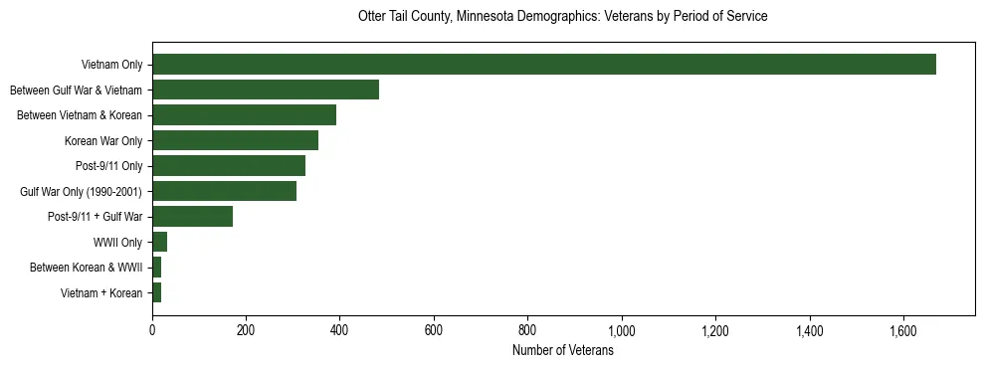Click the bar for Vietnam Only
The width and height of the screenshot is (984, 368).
[543, 65]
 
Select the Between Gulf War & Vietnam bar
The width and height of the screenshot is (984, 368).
[266, 90]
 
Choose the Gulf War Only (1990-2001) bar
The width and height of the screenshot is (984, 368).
[224, 191]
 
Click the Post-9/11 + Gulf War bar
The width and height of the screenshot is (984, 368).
[192, 216]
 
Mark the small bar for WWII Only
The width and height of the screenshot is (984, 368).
[159, 242]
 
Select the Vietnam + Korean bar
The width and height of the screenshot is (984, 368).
[156, 292]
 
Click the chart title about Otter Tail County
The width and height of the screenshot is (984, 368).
[562, 17]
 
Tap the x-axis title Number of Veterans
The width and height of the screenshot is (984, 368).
[562, 351]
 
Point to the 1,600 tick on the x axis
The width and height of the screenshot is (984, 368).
[902, 330]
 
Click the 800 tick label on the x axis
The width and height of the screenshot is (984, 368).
[527, 330]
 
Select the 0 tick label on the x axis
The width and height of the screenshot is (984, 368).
[152, 330]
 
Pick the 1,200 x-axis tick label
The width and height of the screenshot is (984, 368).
[715, 330]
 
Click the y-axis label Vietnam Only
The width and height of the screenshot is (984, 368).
[111, 65]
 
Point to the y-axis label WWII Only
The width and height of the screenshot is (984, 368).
[117, 242]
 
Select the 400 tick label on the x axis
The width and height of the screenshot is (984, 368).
[339, 330]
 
